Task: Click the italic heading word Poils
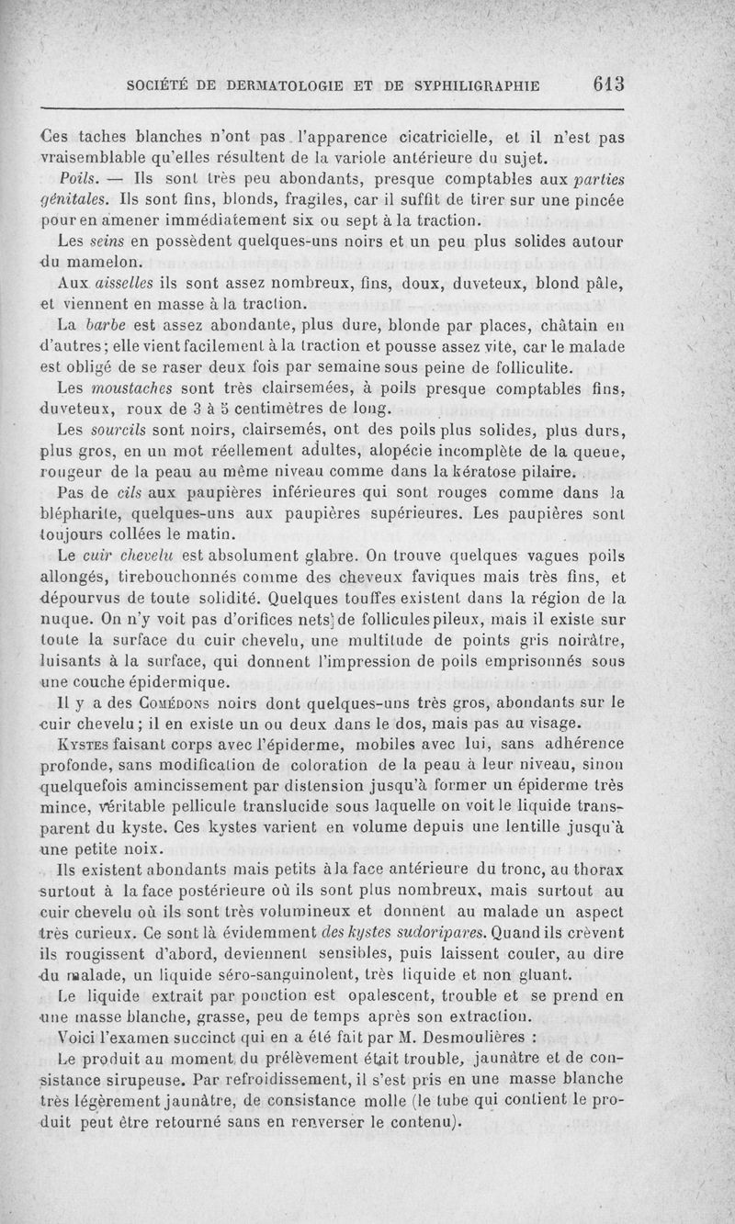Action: point(76,175)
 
